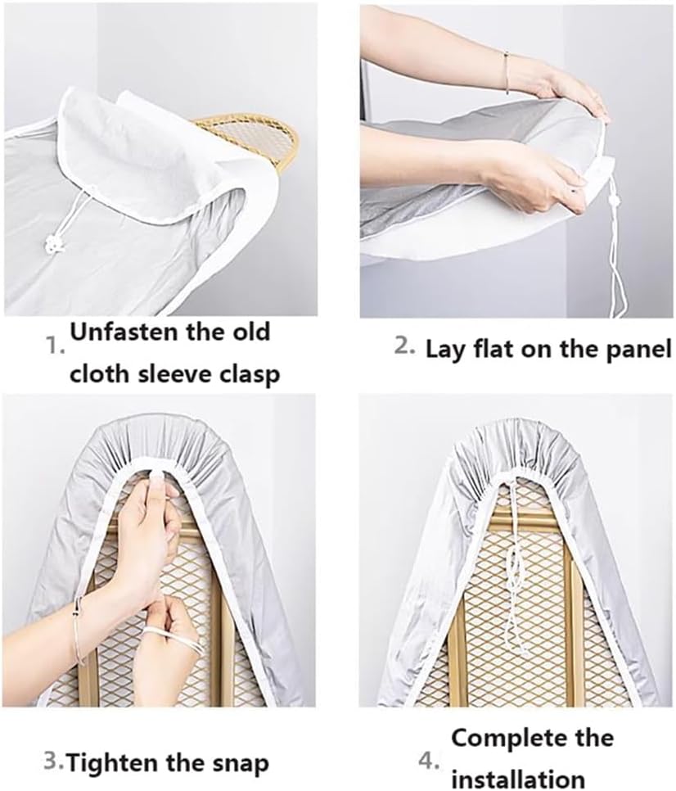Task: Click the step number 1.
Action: pos(55,346)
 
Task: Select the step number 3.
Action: pos(54,762)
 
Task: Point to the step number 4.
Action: pos(429,762)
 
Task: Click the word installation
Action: pos(518,777)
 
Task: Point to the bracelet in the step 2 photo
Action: pos(507,63)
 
